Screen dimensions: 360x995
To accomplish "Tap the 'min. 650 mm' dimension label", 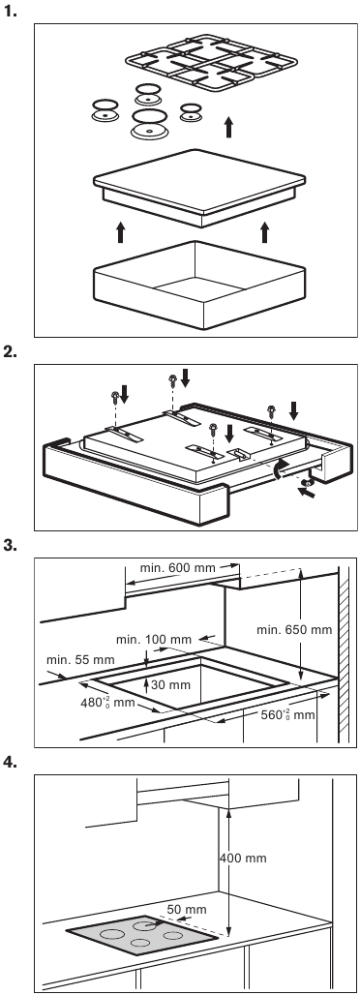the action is point(294,630).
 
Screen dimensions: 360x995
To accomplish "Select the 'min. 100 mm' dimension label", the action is point(154,640).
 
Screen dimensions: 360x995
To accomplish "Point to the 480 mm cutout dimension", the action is point(106,702).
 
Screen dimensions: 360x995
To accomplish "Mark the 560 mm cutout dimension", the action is point(287,714).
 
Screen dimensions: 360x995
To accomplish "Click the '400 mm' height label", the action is point(243,859).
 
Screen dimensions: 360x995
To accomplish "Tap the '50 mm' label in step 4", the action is point(187,909).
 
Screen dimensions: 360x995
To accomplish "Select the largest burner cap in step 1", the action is point(150,123).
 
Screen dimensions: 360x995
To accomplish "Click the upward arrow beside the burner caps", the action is point(228,127).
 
